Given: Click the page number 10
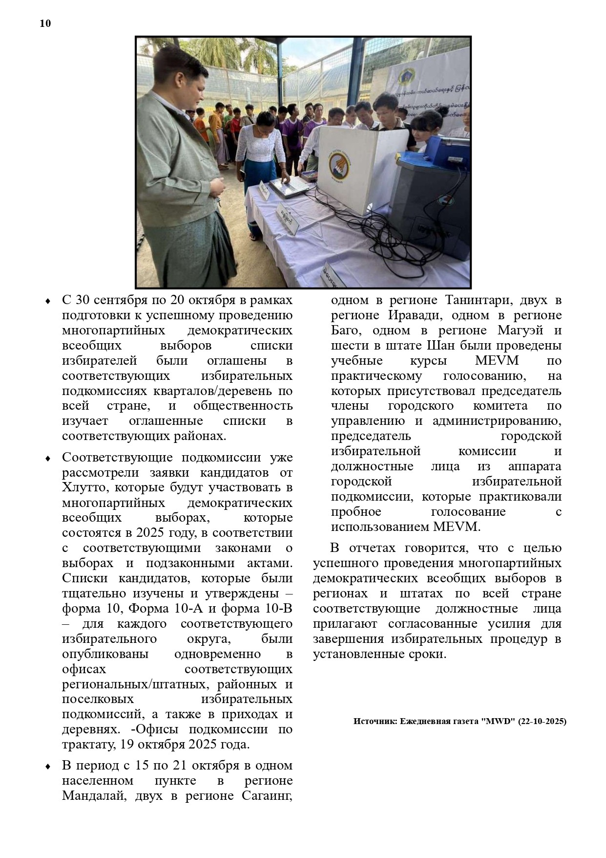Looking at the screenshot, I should [45, 23].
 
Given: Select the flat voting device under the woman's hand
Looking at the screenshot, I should [291, 187].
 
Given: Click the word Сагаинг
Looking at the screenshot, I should [267, 796].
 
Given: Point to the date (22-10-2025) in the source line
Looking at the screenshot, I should [542, 721].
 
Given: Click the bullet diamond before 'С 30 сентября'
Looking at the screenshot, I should [48, 301].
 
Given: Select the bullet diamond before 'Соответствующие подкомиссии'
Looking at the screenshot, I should [48, 459].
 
